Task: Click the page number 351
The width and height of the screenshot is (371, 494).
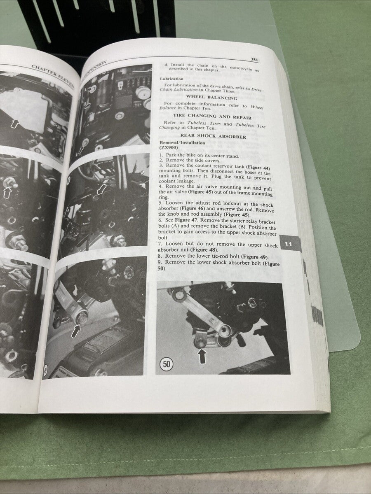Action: pos(254,60)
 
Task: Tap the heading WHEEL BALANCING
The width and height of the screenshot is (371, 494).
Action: pos(211,98)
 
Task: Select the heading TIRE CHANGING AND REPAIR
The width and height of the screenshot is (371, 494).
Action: pos(212,117)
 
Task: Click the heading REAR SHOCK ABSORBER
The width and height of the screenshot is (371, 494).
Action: pos(213,136)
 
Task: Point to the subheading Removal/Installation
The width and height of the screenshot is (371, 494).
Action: pos(182,143)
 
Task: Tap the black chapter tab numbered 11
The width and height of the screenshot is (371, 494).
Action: pos(289,244)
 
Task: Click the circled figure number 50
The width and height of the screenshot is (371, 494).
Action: pos(166,364)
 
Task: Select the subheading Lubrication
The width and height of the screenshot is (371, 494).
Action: pos(172,79)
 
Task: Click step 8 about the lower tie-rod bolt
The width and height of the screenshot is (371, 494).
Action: pos(211,257)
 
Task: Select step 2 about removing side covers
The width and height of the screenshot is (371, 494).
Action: pos(194,161)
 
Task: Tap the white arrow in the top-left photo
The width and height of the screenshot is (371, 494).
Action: pos(15,123)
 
